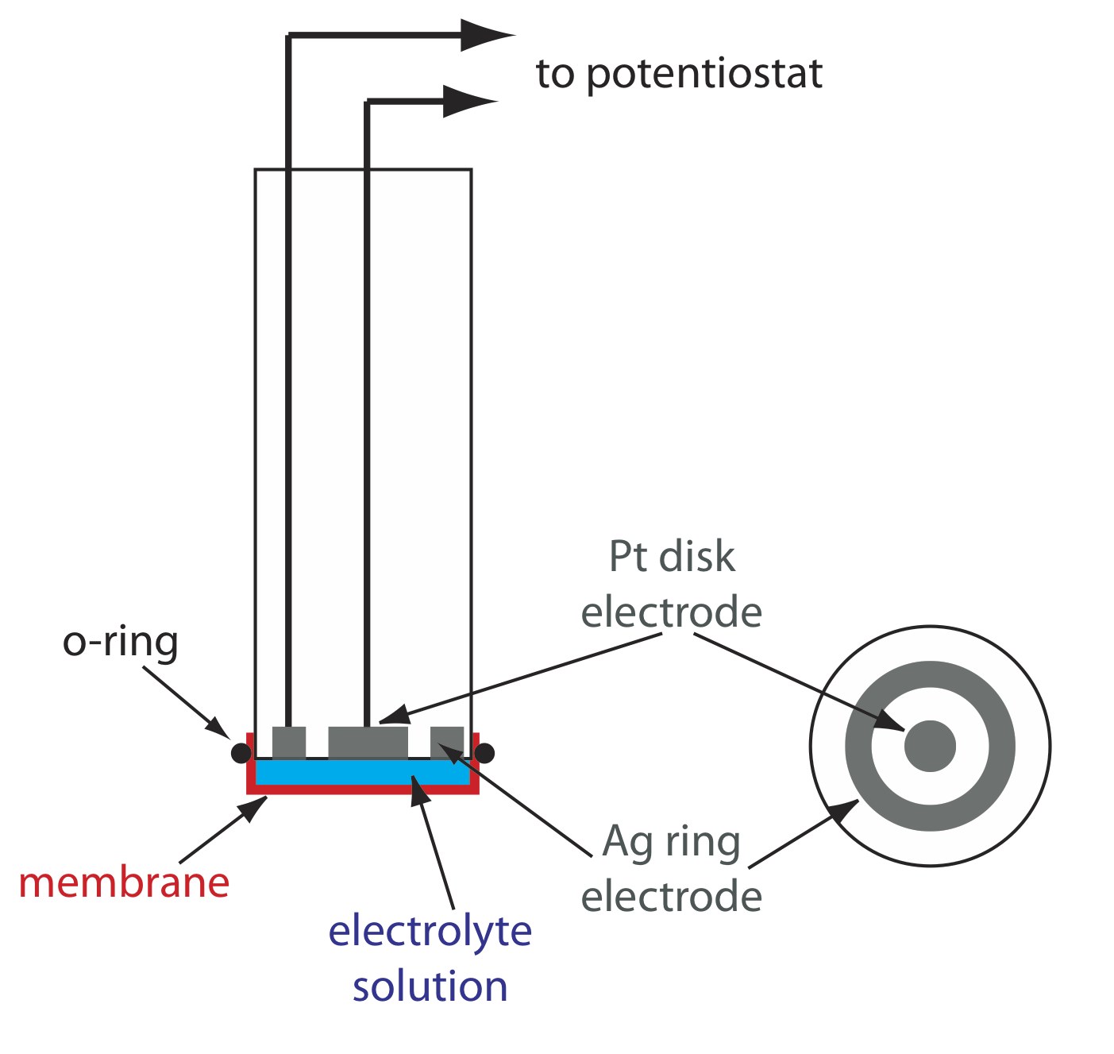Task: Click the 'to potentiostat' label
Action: [x=679, y=74]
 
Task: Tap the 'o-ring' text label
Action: [x=121, y=642]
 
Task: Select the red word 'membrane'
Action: [x=124, y=882]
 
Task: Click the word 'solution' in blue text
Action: [x=430, y=986]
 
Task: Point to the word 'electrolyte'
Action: [x=430, y=930]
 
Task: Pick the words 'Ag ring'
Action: [x=672, y=841]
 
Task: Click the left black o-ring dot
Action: [x=241, y=752]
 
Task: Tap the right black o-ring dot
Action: [x=484, y=752]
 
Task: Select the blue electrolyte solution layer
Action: [x=363, y=772]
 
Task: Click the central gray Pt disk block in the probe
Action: [x=368, y=742]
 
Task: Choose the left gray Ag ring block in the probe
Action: [x=289, y=742]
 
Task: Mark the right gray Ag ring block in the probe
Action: [x=447, y=742]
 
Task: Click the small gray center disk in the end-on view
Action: [x=930, y=746]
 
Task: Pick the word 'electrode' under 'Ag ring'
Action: [x=672, y=897]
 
